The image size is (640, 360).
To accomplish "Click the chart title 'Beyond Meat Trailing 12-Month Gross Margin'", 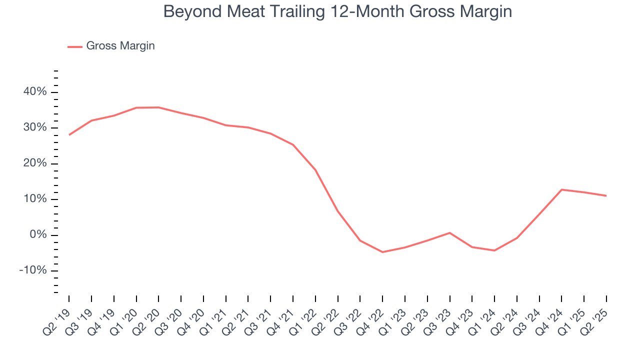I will click(337, 11).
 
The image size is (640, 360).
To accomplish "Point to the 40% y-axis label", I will click(34, 92).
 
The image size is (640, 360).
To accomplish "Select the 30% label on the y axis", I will click(34, 128).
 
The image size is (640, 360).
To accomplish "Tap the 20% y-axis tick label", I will click(34, 163).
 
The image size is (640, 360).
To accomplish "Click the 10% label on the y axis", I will click(34, 199).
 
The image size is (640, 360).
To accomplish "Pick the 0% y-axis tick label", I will click(37, 235).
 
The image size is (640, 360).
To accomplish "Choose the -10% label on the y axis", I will click(33, 271).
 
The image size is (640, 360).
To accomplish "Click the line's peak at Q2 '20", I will click(158, 107).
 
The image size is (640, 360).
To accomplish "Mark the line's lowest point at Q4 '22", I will click(382, 252).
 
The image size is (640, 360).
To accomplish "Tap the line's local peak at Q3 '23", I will click(449, 232).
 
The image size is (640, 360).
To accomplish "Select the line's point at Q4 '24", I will click(561, 189).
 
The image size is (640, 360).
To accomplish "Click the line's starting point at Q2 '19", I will click(69, 135).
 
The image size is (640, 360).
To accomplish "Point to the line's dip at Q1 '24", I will click(494, 250).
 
